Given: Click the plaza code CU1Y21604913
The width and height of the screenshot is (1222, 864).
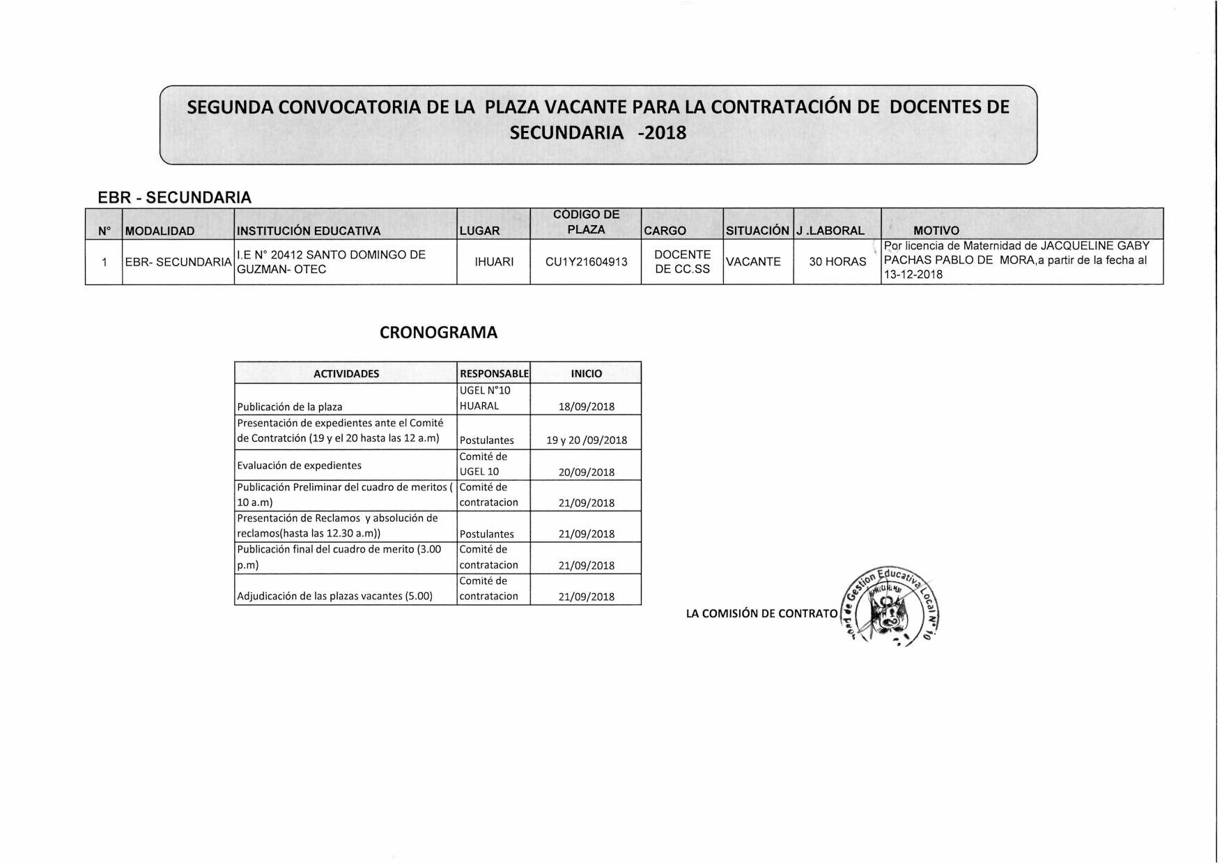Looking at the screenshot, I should [586, 262].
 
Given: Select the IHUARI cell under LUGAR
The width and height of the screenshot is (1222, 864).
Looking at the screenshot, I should [494, 262].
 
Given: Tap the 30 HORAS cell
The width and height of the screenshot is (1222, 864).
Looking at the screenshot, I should [837, 262].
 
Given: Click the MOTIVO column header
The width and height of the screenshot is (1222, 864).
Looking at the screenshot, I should [936, 231].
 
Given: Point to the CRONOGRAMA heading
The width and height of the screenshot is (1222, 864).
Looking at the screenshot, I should [438, 333].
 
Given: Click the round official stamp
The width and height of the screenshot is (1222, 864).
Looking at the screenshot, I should [890, 605].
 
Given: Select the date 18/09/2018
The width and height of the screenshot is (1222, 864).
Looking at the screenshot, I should [587, 407].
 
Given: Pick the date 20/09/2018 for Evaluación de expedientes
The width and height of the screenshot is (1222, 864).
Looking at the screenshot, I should [587, 472].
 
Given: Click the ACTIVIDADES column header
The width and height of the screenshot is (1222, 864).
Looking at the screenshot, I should [346, 373].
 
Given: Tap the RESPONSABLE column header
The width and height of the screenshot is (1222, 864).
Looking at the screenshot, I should [494, 373].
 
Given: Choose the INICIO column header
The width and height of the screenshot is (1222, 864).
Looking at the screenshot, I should [587, 373].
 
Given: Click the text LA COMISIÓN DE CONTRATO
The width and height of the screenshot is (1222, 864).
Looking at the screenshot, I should [761, 614].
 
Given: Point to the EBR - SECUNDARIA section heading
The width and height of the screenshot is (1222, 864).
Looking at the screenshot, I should [174, 197].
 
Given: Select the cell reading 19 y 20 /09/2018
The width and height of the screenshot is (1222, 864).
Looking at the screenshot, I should [587, 440].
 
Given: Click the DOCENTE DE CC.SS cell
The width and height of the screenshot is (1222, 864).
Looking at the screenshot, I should [682, 262].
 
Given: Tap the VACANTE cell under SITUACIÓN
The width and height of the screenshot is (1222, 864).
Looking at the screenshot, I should [753, 262].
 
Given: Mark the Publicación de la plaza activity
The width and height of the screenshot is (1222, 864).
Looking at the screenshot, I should [290, 407].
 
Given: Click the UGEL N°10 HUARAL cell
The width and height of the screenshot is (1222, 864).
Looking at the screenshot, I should [485, 399].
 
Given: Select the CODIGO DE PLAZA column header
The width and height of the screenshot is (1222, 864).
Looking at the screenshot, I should [586, 222].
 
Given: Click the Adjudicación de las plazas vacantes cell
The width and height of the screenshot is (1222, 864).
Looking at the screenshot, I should [335, 596].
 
